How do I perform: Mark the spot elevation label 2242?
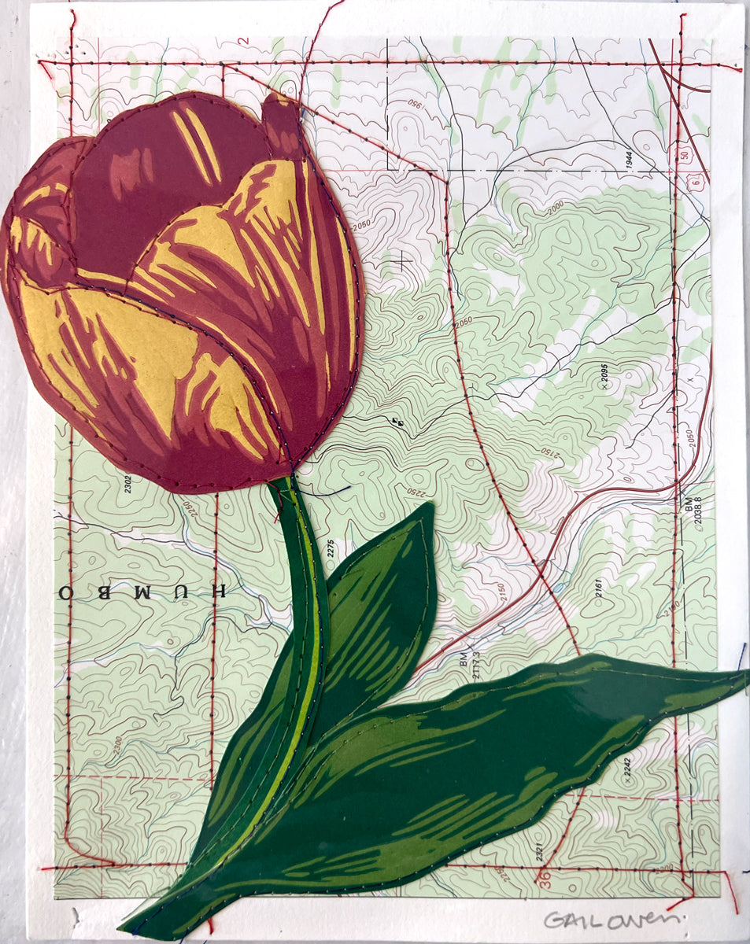point(628,769)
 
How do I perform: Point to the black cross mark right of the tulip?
point(405,260)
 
